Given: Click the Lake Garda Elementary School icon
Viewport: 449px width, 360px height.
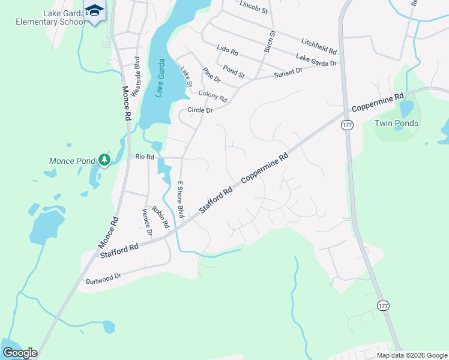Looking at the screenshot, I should click(x=95, y=11).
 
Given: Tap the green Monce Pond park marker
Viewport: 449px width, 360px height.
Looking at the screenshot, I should click(x=105, y=160).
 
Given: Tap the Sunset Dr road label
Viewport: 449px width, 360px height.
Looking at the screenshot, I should click(x=288, y=73).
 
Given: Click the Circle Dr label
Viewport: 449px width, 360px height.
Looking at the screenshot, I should click(x=200, y=110).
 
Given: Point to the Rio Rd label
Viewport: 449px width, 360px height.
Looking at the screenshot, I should click(x=145, y=157).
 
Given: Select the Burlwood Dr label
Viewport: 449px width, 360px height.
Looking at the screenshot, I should click(x=103, y=277).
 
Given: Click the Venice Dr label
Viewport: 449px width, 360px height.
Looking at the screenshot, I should click(x=146, y=222).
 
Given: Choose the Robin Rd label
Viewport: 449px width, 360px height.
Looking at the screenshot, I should click(x=161, y=217).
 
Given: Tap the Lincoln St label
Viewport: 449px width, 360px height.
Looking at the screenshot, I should click(x=253, y=7).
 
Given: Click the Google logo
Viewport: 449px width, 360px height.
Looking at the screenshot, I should click(x=20, y=353).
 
